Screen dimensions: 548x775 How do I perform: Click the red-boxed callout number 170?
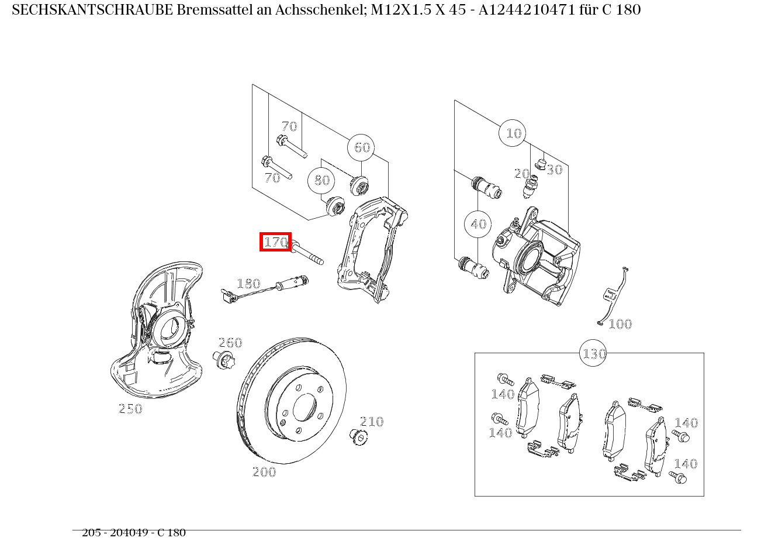tap(275, 242)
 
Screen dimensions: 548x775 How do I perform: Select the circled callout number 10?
tap(513, 133)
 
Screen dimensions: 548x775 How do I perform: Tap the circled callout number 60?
tap(361, 147)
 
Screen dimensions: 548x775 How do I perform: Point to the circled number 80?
tap(321, 180)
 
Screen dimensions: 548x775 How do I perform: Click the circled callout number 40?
tap(478, 224)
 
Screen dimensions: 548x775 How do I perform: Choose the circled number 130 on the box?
tap(593, 354)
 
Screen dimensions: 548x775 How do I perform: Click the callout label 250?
tap(130, 409)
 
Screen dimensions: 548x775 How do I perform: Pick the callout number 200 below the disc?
tap(264, 472)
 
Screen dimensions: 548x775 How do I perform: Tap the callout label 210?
tap(372, 422)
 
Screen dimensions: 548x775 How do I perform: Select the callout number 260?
tap(230, 343)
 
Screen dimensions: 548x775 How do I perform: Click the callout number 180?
tap(248, 284)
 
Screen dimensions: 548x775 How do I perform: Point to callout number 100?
tap(620, 324)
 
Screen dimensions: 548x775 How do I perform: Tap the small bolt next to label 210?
tap(357, 436)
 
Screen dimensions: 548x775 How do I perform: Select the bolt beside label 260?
tap(224, 360)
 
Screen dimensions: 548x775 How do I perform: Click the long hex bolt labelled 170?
tap(306, 253)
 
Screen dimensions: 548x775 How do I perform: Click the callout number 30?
tap(554, 170)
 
